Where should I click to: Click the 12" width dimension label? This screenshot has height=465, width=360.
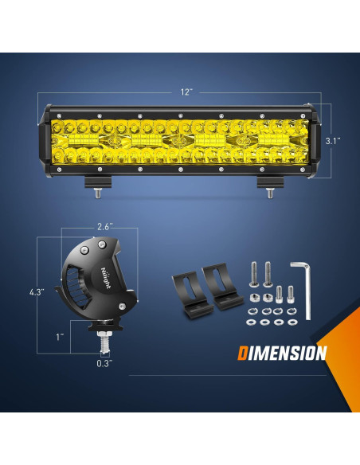click(x=186, y=92)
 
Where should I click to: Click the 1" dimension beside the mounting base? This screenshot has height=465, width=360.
click(x=61, y=337)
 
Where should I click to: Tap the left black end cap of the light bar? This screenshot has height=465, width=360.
click(x=45, y=141)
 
